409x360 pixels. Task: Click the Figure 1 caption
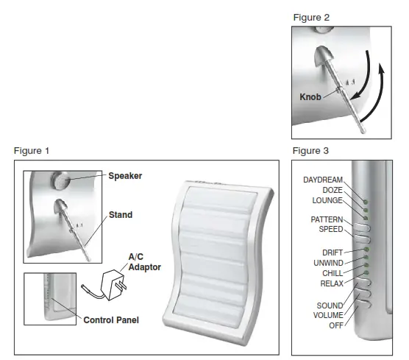[32, 151]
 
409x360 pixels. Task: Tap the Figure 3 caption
[310, 151]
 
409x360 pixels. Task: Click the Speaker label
[125, 176]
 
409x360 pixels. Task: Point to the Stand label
[121, 215]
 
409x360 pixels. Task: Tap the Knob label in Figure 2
[311, 97]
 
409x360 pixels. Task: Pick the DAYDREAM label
[324, 180]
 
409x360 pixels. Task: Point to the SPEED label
[331, 229]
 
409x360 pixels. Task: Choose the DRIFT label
[332, 253]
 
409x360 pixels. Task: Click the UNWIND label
[328, 263]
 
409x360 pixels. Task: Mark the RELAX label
[332, 283]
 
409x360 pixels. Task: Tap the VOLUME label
[328, 315]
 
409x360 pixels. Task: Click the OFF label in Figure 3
[335, 325]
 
